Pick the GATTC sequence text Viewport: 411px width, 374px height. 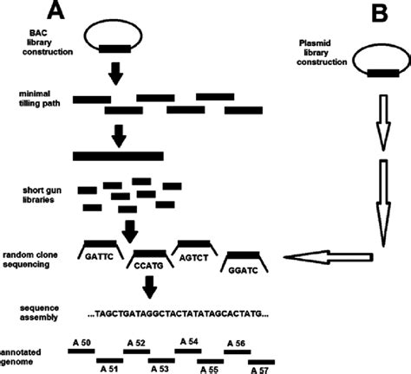coord(102,257)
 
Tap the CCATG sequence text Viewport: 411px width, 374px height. coord(150,268)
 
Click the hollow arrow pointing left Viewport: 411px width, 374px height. coord(330,257)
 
